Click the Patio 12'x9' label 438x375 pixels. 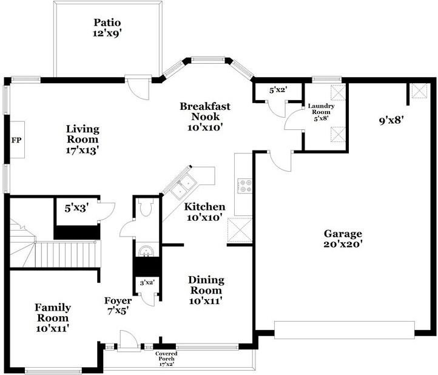tap(108, 29)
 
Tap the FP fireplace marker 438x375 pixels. tap(16, 140)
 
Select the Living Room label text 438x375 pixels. tap(83, 138)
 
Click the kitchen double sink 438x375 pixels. tap(183, 187)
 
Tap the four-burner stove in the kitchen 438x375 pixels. tap(244, 186)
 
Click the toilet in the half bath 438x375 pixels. tap(146, 209)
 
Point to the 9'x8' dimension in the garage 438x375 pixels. tap(391, 120)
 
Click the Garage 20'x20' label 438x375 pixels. tap(343, 238)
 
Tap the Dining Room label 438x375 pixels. tap(206, 290)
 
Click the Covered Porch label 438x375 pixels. tap(166, 358)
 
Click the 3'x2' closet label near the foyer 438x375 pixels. tap(146, 283)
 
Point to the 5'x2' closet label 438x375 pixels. tap(278, 90)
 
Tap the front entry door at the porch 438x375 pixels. tap(128, 342)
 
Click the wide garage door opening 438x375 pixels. tap(345, 329)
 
